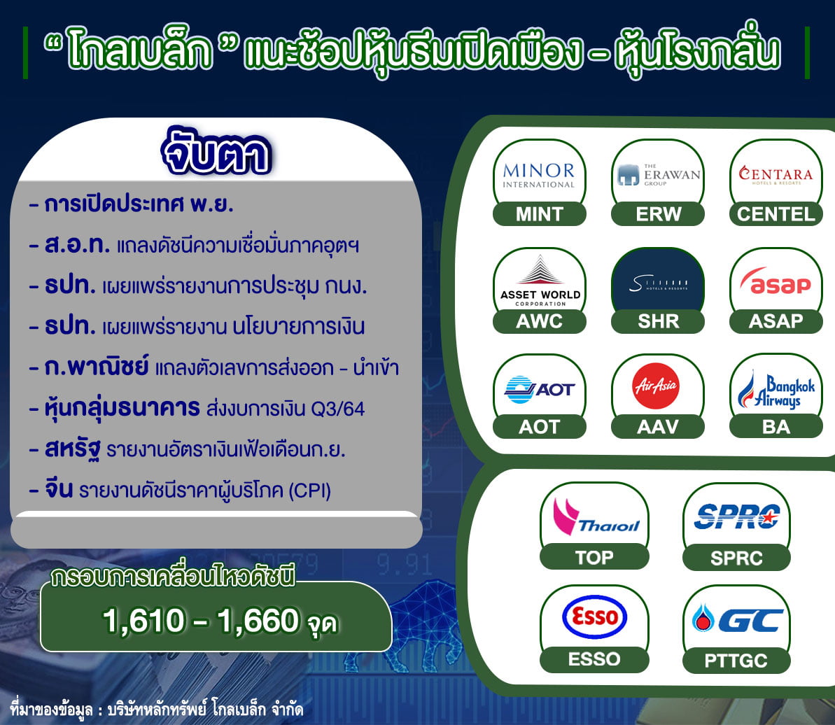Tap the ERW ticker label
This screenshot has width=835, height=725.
pyautogui.click(x=658, y=214)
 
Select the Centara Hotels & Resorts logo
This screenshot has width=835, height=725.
pyautogui.click(x=776, y=174)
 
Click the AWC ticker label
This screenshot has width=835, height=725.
pyautogui.click(x=540, y=321)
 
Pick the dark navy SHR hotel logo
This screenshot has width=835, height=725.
pyautogui.click(x=658, y=281)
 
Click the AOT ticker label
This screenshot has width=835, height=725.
pyautogui.click(x=540, y=426)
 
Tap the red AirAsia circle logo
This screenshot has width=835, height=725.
pyautogui.click(x=656, y=386)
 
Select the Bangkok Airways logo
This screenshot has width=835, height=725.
pyautogui.click(x=776, y=390)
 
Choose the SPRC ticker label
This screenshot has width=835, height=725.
pyautogui.click(x=736, y=558)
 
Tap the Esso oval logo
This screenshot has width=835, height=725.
pyautogui.click(x=594, y=617)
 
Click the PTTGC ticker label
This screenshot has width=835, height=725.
pyautogui.click(x=736, y=661)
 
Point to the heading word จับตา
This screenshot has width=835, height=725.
pyautogui.click(x=216, y=153)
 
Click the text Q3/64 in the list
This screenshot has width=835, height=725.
pyautogui.click(x=337, y=409)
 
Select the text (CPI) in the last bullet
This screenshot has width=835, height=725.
pyautogui.click(x=309, y=491)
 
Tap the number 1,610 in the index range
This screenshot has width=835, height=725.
pyautogui.click(x=143, y=621)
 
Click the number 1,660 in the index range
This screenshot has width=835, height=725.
pyautogui.click(x=258, y=621)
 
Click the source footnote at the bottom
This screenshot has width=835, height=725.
pyautogui.click(x=157, y=710)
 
